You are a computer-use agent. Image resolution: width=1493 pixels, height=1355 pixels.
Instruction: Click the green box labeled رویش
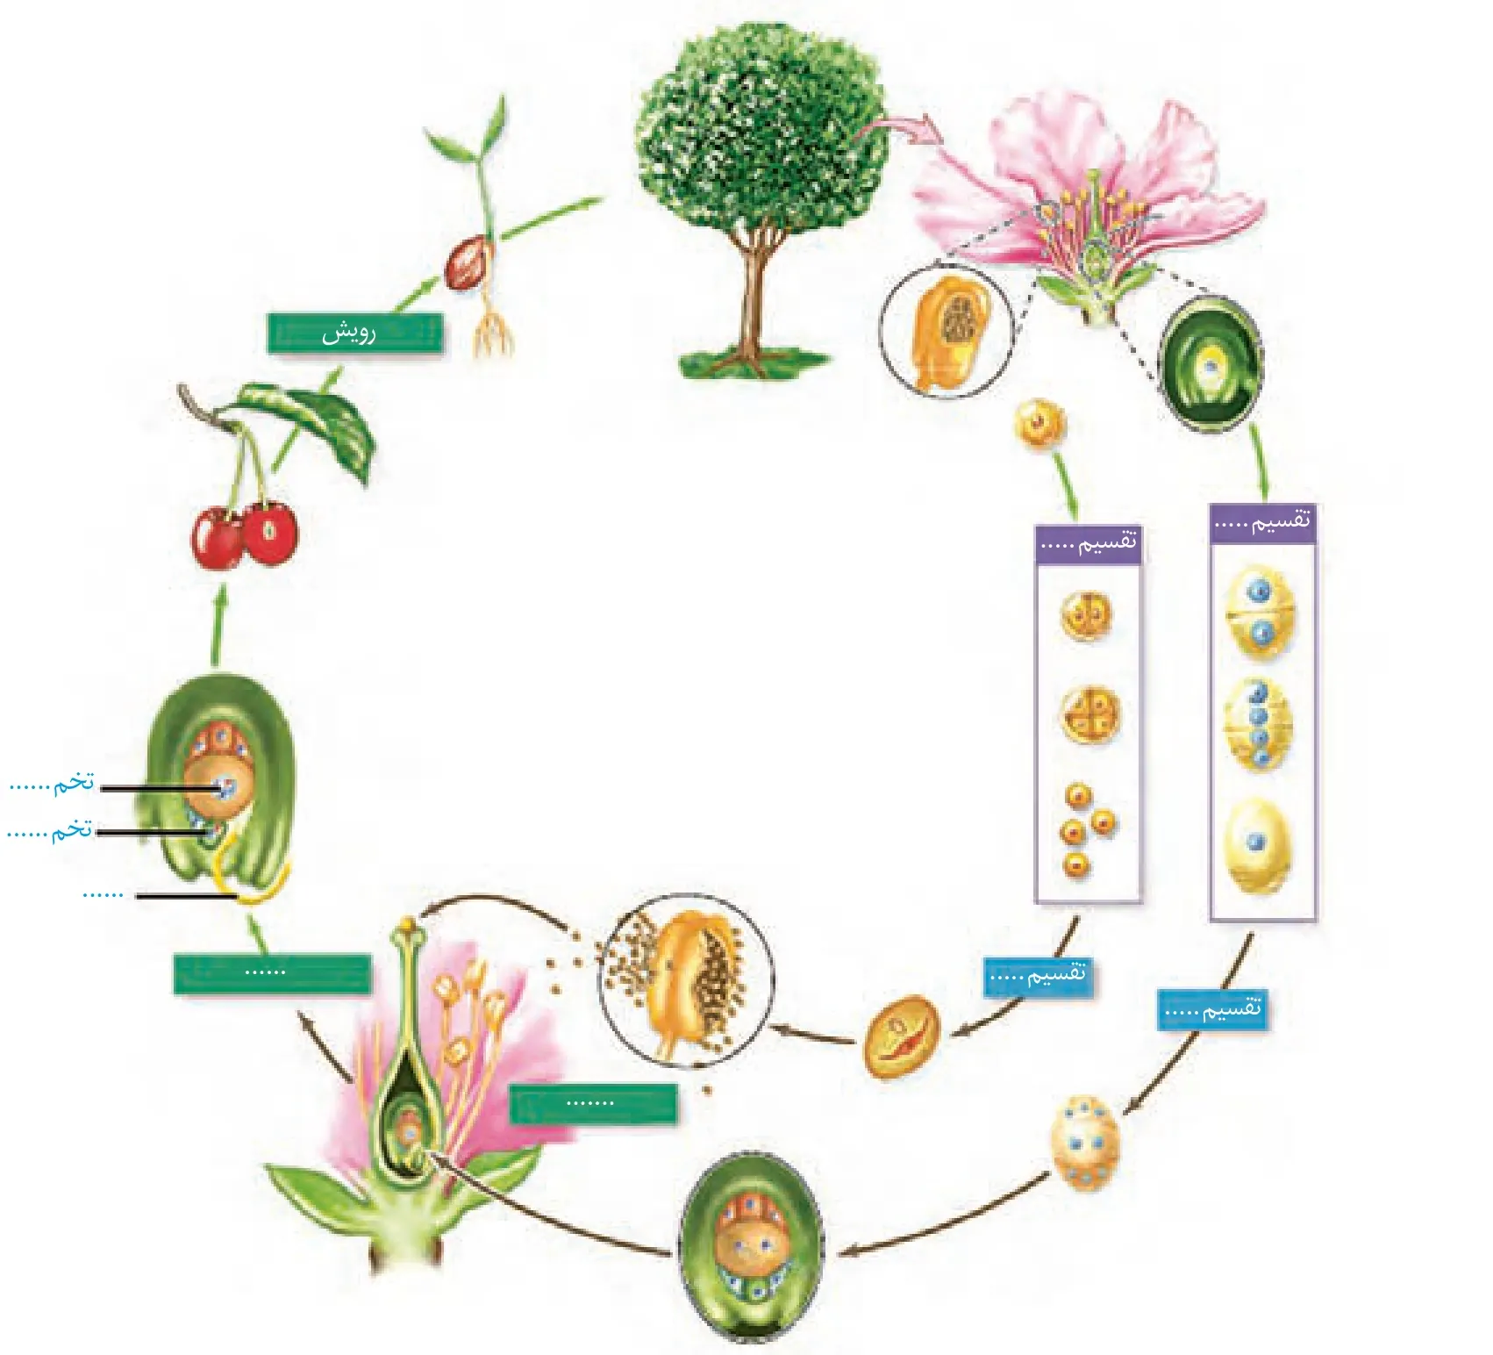tap(354, 333)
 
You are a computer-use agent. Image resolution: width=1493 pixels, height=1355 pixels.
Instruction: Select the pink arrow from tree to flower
tap(899, 132)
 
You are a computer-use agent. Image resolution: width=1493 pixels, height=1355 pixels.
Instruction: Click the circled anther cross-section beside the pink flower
tap(947, 332)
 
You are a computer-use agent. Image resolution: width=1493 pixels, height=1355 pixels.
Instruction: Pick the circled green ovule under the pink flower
tap(1211, 363)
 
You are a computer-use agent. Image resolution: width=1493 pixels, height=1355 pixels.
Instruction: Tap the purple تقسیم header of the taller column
tap(1262, 524)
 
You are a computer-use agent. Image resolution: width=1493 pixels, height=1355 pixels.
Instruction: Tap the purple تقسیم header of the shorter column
tap(1088, 543)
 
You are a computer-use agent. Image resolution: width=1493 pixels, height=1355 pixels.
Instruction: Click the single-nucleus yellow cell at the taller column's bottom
tap(1258, 845)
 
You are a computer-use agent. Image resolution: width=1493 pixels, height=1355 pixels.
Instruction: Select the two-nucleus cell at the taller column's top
tap(1261, 612)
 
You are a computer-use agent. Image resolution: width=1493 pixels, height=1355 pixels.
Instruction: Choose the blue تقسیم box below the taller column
tap(1214, 1009)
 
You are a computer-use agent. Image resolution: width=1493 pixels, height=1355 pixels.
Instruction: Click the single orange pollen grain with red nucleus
tap(901, 1036)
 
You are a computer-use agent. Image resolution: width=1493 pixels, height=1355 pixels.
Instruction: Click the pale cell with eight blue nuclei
tap(1085, 1144)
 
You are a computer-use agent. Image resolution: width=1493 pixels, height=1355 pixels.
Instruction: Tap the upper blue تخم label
tap(52, 783)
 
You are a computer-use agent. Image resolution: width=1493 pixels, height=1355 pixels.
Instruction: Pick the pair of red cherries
tap(245, 533)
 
